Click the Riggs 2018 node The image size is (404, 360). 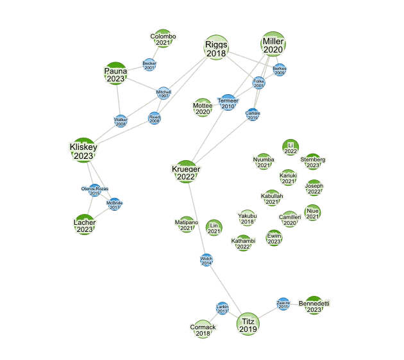[x=216, y=48]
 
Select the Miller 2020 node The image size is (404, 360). [x=273, y=45]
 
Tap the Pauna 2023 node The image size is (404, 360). [x=116, y=74]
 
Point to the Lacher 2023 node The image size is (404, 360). [x=85, y=225]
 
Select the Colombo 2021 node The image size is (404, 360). [x=163, y=39]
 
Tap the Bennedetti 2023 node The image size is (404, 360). [x=314, y=306]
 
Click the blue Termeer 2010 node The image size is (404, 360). [x=228, y=104]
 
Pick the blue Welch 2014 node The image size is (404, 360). [x=206, y=260]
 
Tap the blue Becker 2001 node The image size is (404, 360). [x=149, y=65]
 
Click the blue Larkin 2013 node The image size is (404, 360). [x=223, y=309]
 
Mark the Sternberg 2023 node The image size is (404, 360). [x=313, y=161]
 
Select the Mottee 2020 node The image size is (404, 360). [x=202, y=108]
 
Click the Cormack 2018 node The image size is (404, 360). [x=203, y=329]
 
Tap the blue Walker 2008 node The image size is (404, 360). [x=121, y=121]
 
